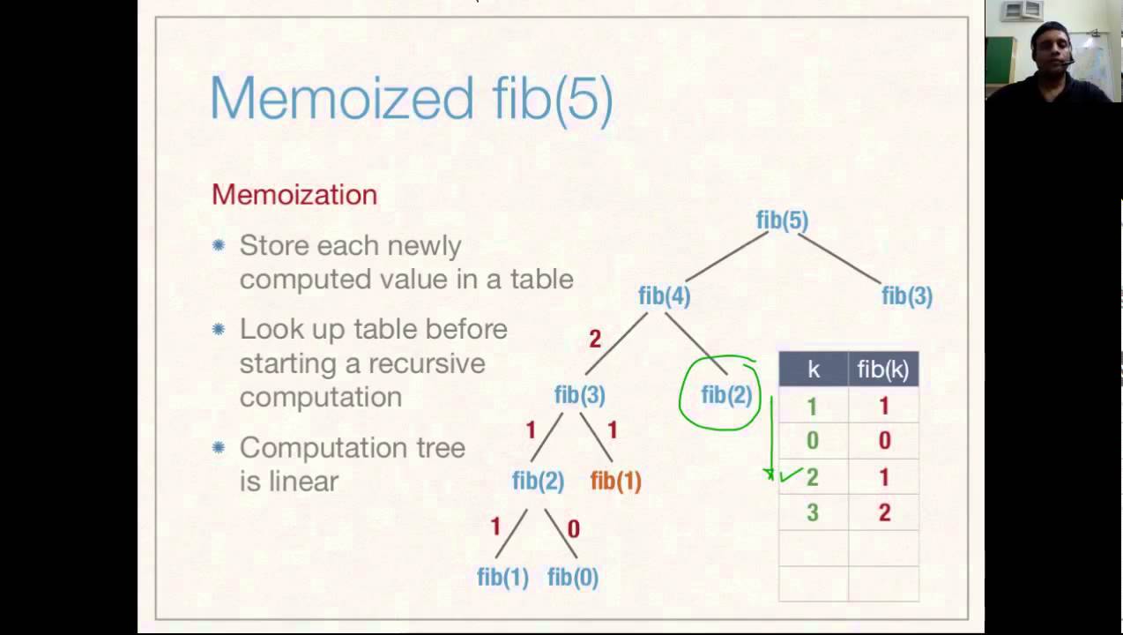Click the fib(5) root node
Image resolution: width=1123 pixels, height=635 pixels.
tap(782, 220)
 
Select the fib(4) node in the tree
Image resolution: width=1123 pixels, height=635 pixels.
tap(664, 297)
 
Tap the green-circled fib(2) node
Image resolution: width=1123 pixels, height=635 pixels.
tap(726, 396)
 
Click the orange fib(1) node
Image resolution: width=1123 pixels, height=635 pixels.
tap(615, 482)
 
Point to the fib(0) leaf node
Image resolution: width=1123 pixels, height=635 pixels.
tap(573, 578)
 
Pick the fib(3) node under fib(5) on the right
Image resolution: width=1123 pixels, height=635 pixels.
tap(906, 297)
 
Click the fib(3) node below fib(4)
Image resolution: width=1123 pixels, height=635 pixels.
tap(579, 396)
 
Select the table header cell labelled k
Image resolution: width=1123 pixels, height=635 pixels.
tap(813, 370)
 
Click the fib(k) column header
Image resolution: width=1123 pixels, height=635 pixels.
tap(882, 370)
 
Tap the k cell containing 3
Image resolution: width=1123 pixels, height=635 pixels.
tap(813, 513)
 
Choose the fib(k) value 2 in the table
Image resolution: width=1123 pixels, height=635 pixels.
tap(883, 513)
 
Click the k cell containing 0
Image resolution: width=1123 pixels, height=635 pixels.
tap(813, 441)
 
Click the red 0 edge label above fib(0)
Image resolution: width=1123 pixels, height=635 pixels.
tap(574, 529)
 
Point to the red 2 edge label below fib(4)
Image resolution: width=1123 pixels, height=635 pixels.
tap(595, 339)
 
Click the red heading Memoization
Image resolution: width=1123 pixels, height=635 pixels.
tap(294, 195)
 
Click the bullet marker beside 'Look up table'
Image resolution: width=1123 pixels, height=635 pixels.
tap(219, 330)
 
